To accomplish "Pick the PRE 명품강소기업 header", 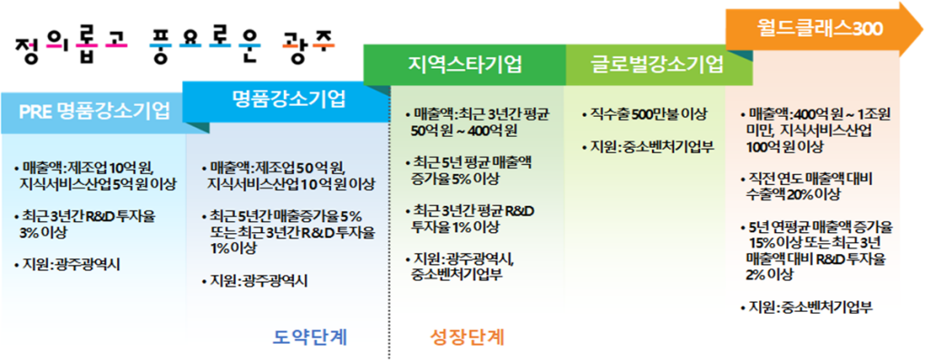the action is click(x=94, y=112).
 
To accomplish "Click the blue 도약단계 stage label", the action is click(x=310, y=337).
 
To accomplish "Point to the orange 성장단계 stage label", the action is click(x=465, y=337).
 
